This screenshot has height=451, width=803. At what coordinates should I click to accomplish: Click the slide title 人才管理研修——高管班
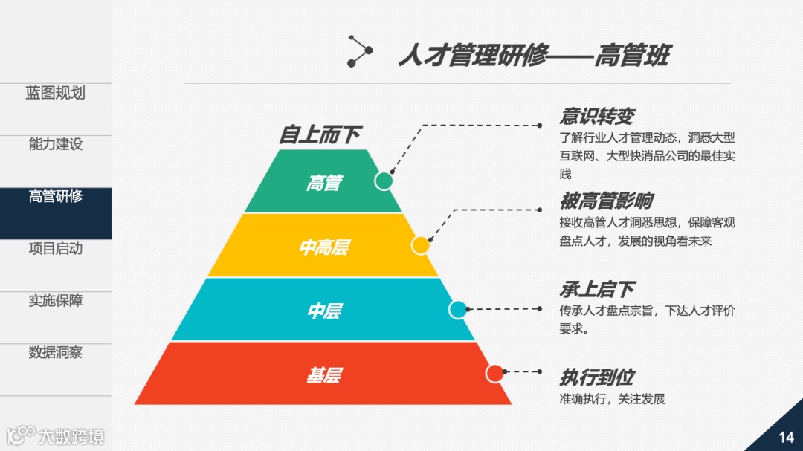point(533,56)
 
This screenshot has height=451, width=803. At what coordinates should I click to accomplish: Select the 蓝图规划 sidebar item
point(56,93)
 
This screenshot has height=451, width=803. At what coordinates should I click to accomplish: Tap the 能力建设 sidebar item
point(56,144)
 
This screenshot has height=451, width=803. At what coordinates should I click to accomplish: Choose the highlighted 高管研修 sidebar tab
point(56,197)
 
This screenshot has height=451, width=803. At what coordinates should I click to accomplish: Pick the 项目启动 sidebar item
point(56,248)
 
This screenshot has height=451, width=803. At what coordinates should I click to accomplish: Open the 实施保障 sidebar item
point(56,301)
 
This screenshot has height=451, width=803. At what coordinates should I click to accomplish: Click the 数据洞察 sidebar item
point(56,352)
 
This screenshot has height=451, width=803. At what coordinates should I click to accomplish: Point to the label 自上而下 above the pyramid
point(320,134)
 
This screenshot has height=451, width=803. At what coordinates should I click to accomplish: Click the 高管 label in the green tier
point(323,182)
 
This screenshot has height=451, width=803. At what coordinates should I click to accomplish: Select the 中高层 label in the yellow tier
point(323,247)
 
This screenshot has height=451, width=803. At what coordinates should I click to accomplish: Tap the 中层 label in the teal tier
point(323,311)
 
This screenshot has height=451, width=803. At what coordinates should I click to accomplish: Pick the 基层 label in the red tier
point(323,375)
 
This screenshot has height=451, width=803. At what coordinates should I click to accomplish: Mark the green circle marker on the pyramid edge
point(384,181)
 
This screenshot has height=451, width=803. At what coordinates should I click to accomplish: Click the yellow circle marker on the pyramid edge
point(421,245)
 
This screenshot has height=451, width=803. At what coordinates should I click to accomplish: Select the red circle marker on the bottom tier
point(494,373)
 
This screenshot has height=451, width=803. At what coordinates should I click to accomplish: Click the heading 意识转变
point(596,117)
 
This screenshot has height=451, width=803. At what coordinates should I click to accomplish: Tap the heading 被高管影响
point(606,201)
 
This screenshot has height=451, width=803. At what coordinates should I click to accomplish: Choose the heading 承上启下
point(596,289)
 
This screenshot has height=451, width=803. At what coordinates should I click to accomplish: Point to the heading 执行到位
point(596,377)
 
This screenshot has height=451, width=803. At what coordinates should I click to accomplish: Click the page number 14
point(786,437)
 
